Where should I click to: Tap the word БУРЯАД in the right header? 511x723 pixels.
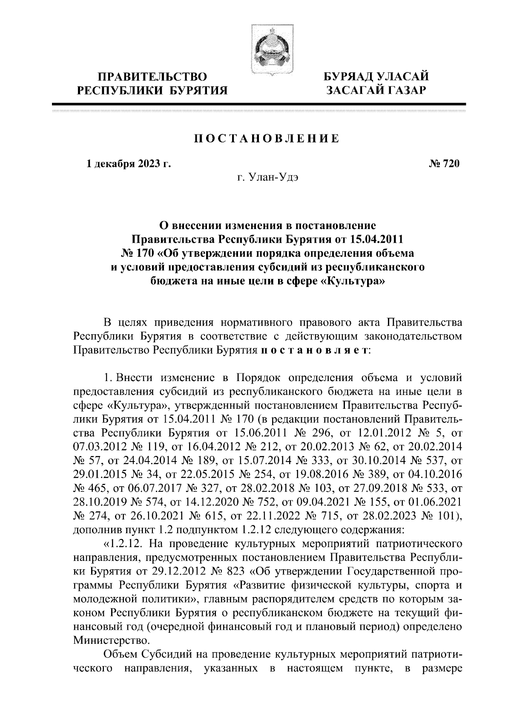click(348, 77)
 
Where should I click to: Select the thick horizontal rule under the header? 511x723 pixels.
click(258, 104)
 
